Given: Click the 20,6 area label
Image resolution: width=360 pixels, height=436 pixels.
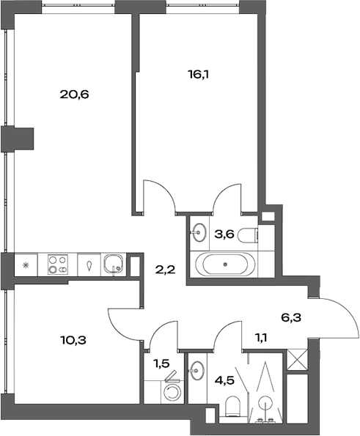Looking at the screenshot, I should tap(74, 95).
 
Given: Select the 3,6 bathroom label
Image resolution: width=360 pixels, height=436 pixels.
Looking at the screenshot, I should tap(224, 234).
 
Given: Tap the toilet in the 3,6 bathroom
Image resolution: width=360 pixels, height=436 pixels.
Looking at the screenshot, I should tap(250, 235).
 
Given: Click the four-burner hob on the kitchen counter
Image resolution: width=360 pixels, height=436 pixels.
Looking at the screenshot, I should tap(58, 265).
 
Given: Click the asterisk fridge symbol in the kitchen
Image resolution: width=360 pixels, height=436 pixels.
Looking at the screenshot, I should tap(26, 265).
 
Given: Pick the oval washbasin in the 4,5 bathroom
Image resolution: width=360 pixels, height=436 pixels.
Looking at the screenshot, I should tap(197, 369).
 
